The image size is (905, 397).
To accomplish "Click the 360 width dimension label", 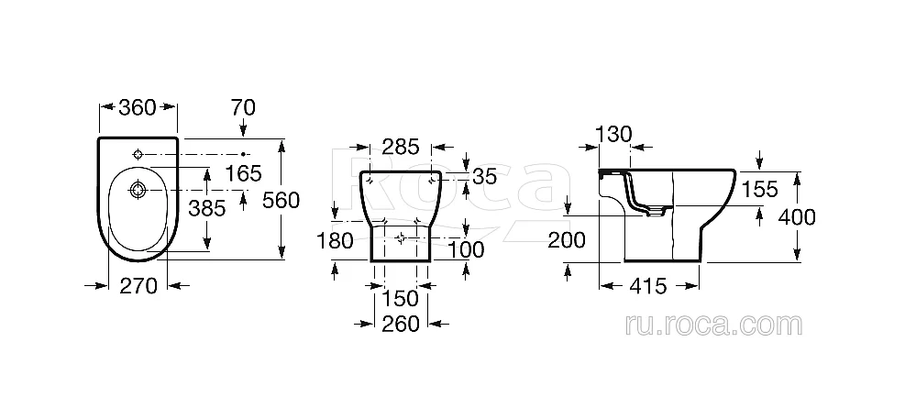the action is (138, 106).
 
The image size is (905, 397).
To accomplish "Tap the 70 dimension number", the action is (242, 107).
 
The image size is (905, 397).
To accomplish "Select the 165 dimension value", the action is (243, 172).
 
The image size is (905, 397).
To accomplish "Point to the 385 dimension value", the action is (206, 208).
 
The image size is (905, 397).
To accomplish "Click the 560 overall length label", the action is (281, 200).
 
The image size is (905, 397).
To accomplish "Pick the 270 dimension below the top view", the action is (138, 286).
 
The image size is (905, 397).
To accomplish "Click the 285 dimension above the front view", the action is (401, 147).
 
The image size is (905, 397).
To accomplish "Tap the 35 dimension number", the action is (484, 177).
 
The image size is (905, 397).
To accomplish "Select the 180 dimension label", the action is (335, 240).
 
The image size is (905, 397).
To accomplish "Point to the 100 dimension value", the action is (466, 249).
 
